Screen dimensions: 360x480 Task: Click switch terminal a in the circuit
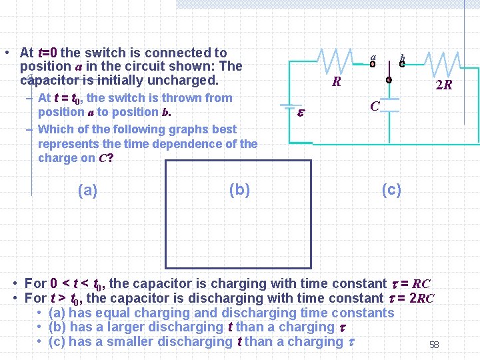coord(373,64)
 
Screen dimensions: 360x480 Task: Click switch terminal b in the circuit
coord(402,64)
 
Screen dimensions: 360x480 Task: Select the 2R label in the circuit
coord(443,85)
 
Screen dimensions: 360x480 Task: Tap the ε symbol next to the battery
coord(300,113)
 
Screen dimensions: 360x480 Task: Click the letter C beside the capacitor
coord(375,107)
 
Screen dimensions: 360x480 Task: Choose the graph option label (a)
coord(87,191)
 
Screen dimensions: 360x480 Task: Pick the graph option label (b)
coord(239,190)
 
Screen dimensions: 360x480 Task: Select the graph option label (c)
coord(391,190)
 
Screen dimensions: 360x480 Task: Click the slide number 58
coord(434,345)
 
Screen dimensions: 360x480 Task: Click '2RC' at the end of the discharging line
coord(421,299)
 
